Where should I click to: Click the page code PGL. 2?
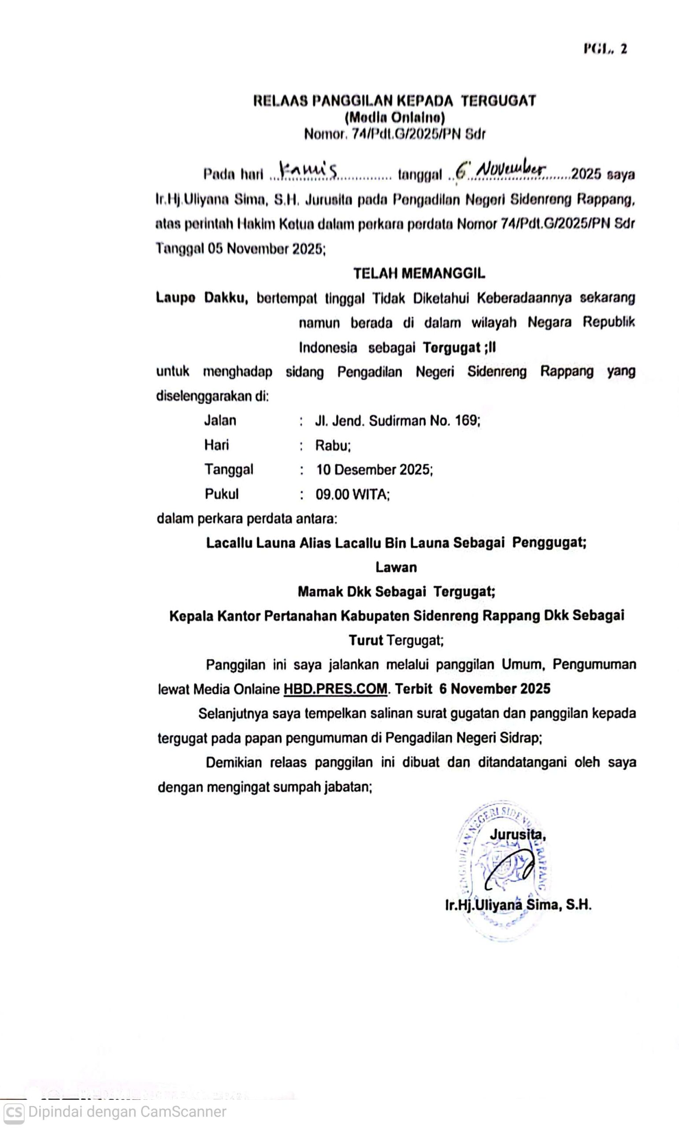point(605,49)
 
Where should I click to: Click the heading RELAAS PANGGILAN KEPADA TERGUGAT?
point(394,100)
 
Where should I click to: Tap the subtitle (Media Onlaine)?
point(394,118)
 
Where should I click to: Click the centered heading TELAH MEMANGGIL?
point(419,274)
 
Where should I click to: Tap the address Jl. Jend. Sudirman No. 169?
point(397,420)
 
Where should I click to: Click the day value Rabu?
point(333,445)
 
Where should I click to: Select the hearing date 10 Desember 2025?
point(374,470)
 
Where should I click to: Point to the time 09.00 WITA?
point(352,494)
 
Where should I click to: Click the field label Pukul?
point(222,494)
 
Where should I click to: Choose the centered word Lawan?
point(396,567)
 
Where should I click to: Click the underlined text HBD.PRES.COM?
point(335,689)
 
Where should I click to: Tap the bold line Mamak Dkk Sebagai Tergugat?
point(396,591)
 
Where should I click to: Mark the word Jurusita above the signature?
point(517,835)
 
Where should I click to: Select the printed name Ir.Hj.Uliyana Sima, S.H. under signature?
point(518,905)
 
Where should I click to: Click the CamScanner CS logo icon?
point(14,1112)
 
